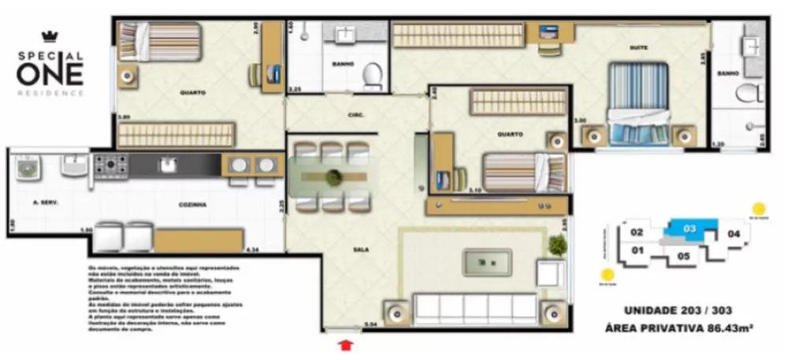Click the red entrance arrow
click(344, 344)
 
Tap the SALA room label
click(362, 250)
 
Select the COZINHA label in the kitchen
click(193, 204)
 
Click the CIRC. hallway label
click(355, 115)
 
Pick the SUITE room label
click(638, 48)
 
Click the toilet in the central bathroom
click(372, 76)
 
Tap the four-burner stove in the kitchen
click(110, 166)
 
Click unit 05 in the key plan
click(683, 255)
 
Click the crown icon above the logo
click(50, 36)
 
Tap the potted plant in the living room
click(559, 246)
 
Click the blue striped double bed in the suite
click(638, 102)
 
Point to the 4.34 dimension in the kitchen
click(252, 250)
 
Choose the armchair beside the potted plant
click(549, 273)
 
